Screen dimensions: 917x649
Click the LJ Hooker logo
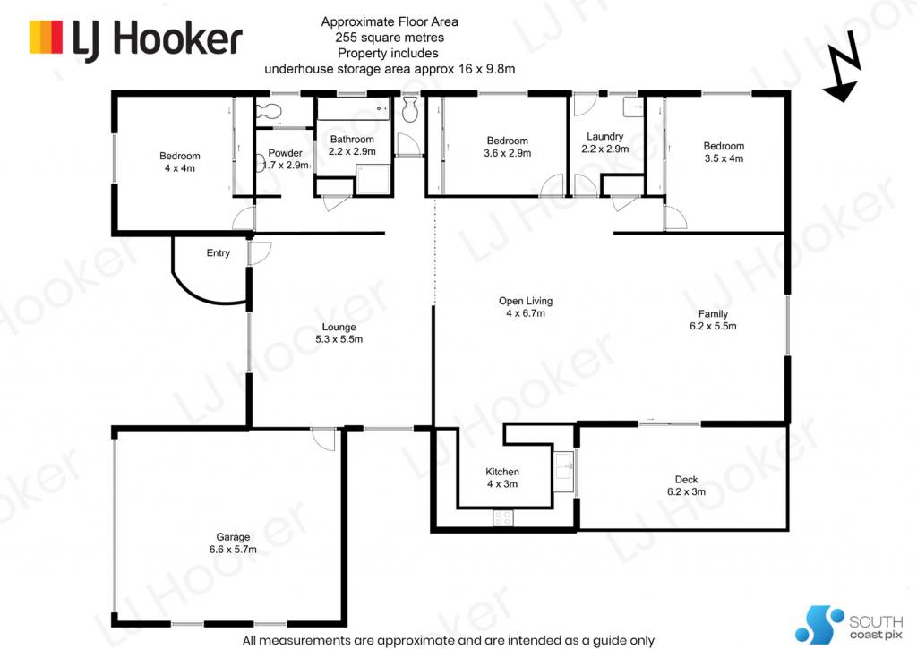[136, 39]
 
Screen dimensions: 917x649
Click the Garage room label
[233, 537]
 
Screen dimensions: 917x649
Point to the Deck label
[686, 480]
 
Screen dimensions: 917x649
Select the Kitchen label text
[502, 471]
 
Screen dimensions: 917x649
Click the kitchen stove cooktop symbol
[503, 517]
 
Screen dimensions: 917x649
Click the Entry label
[219, 252]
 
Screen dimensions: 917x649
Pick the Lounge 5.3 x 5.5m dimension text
[339, 339]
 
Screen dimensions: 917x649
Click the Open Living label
[525, 301]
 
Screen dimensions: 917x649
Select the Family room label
[713, 314]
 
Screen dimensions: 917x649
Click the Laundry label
[604, 136]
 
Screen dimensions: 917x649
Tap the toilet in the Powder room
[270, 110]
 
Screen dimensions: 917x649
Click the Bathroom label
[352, 139]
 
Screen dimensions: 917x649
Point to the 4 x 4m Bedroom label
[179, 162]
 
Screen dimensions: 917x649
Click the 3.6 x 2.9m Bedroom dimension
[508, 153]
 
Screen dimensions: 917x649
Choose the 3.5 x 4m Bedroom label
[724, 152]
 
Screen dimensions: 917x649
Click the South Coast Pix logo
[849, 625]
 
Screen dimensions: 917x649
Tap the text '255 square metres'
[390, 38]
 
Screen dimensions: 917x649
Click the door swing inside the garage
[323, 440]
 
